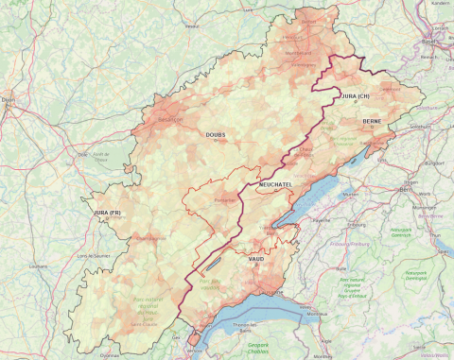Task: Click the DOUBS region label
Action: tap(216, 135)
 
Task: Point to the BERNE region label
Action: tap(371, 122)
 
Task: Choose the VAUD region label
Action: tap(255, 257)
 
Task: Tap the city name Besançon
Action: tap(171, 121)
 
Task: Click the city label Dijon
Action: tap(9, 97)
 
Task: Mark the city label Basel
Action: tap(430, 42)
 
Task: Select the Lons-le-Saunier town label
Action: tap(92, 257)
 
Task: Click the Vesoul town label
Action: tap(193, 26)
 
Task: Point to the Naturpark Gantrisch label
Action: tap(402, 231)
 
